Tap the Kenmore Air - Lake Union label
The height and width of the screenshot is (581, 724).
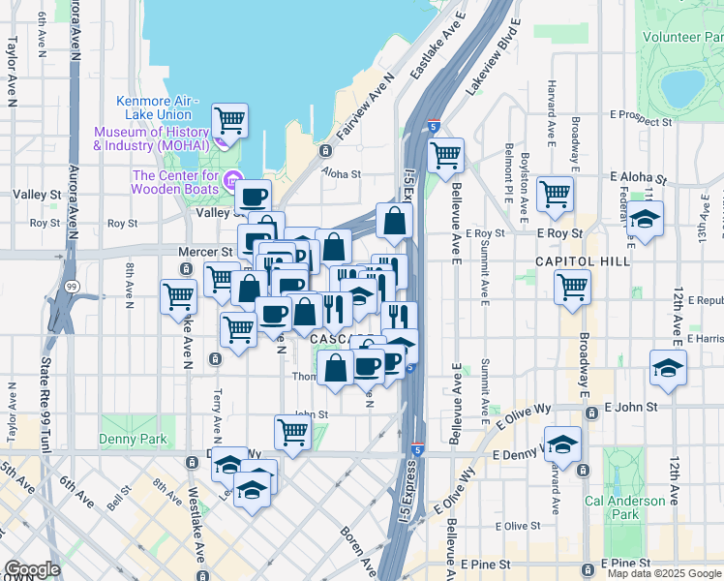(x=157, y=107)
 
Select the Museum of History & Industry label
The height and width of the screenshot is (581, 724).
(x=150, y=138)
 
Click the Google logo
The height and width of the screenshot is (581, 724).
(x=31, y=569)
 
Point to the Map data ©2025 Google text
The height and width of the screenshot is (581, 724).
(x=663, y=573)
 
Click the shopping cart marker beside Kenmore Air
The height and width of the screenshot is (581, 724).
(x=230, y=120)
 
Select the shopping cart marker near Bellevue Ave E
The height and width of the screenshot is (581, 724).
(x=446, y=153)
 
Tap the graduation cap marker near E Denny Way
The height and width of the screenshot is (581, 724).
(x=562, y=443)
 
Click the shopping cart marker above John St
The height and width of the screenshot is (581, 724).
(x=291, y=431)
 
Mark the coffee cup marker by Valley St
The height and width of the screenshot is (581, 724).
(x=254, y=197)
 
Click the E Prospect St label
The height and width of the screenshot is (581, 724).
(x=642, y=123)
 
